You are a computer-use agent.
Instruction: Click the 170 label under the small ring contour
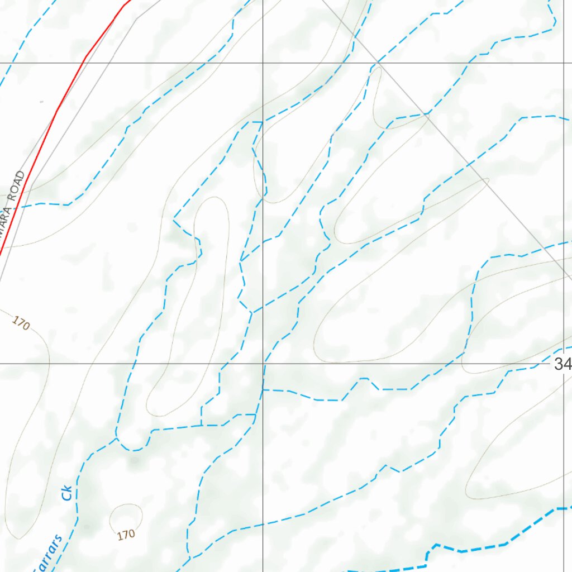pos(126,535)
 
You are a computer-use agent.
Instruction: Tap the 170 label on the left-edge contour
pos(21,323)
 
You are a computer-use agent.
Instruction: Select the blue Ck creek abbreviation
pos(68,492)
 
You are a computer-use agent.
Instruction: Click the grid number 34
pos(563,365)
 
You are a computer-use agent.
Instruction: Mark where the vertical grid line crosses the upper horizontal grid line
pos(263,63)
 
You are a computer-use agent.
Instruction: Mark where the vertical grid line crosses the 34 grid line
pos(263,364)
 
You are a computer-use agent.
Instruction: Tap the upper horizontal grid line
pos(168,63)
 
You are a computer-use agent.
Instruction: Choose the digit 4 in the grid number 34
pos(567,365)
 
